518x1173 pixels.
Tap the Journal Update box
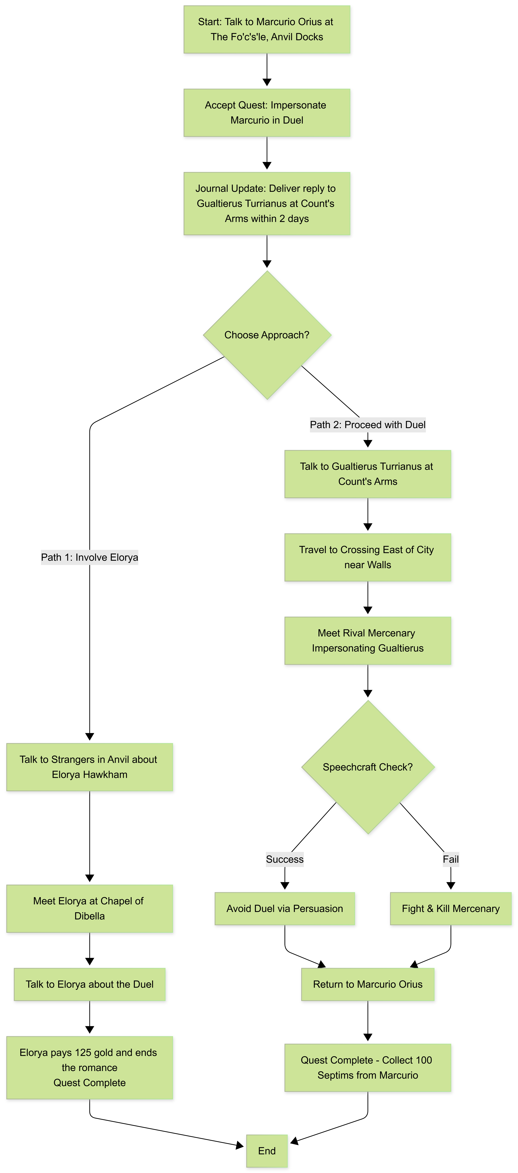(267, 204)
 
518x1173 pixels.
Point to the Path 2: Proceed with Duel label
(368, 425)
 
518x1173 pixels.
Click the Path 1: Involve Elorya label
(90, 557)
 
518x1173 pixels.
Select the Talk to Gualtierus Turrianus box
(368, 474)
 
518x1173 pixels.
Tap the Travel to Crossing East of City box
(368, 557)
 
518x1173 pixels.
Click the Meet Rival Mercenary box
(368, 641)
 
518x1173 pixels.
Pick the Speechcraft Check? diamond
(368, 767)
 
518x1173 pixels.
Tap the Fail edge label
(451, 859)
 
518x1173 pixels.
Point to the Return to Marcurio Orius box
(368, 985)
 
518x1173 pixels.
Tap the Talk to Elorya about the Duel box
(90, 985)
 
